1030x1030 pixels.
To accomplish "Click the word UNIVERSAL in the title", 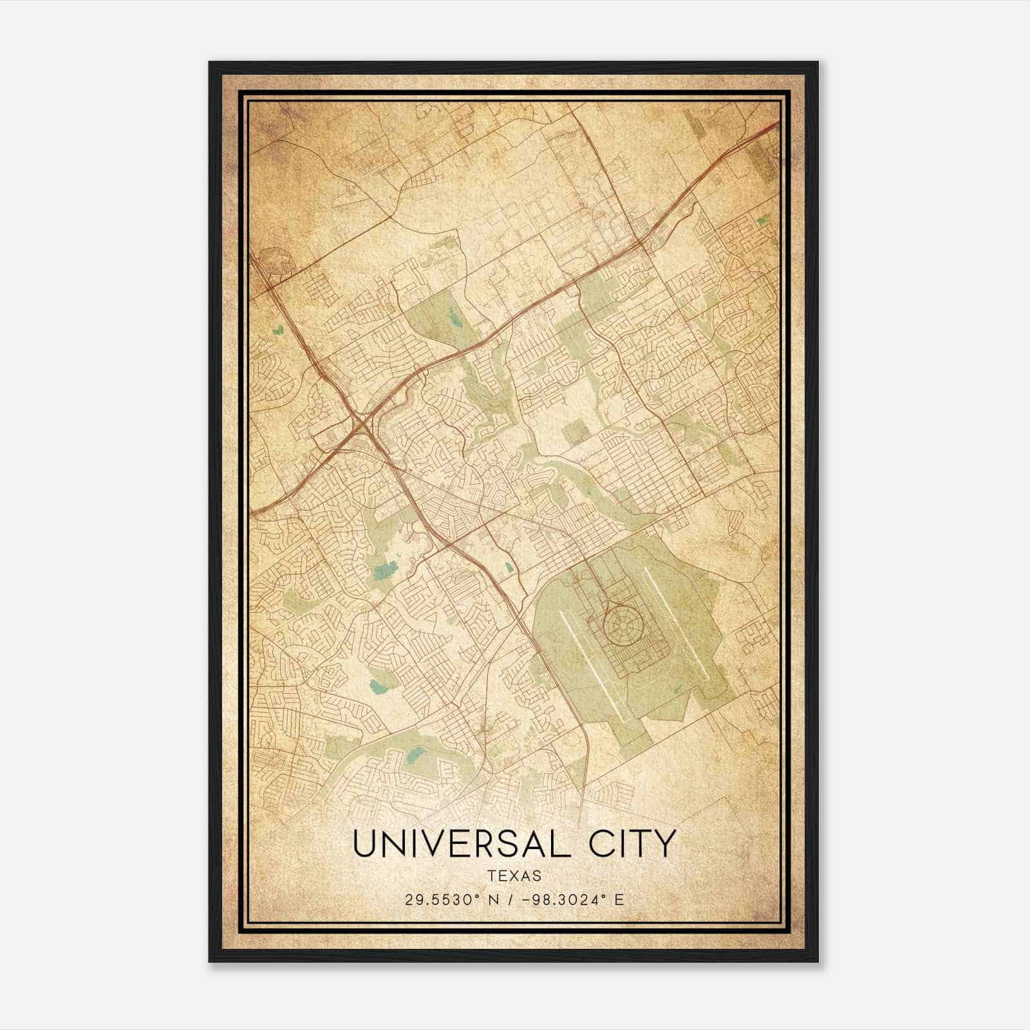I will coord(461,844).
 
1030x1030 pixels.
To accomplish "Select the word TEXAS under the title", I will coord(514,876).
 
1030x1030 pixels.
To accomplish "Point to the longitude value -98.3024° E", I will coord(572,899).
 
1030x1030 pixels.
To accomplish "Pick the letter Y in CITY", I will coord(665,844).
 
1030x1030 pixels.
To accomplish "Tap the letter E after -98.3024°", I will coord(620,899).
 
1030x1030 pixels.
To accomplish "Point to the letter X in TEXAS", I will coord(515,876).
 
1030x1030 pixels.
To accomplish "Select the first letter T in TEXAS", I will coord(492,876).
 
